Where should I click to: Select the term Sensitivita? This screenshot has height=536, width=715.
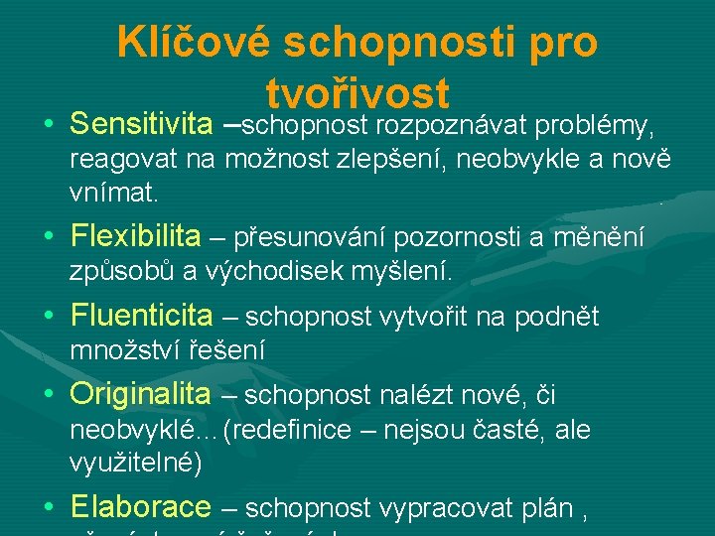pyautogui.click(x=141, y=125)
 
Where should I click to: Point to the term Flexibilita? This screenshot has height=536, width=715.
pyautogui.click(x=135, y=236)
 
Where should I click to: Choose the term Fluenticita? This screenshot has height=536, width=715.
pyautogui.click(x=141, y=316)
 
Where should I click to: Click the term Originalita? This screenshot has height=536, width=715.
pyautogui.click(x=140, y=394)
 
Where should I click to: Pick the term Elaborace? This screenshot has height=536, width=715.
pyautogui.click(x=140, y=507)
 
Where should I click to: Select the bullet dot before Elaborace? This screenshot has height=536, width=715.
pyautogui.click(x=49, y=509)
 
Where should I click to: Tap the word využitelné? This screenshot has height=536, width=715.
pyautogui.click(x=136, y=462)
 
